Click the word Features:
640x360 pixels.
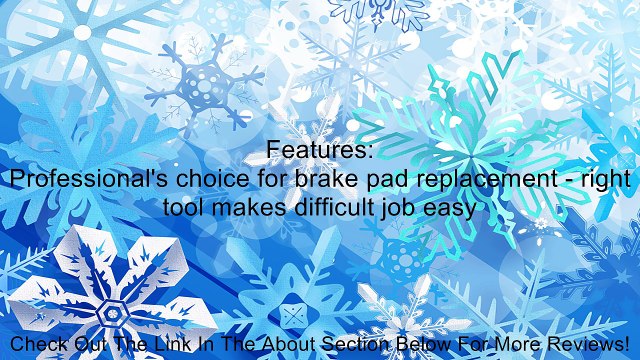click(320, 151)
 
